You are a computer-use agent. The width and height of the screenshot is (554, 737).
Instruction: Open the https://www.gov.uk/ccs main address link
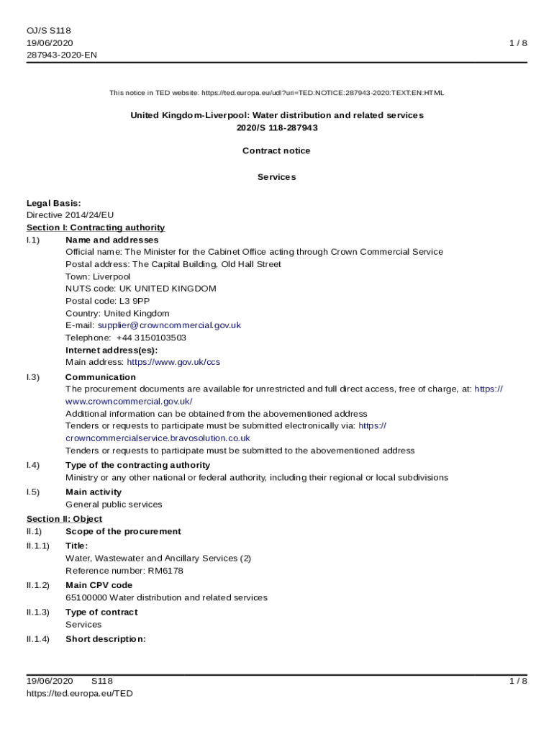[x=173, y=362]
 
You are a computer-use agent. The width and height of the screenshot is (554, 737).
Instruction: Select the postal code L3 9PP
[x=135, y=301]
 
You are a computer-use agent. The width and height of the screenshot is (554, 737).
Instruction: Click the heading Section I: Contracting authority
[x=96, y=227]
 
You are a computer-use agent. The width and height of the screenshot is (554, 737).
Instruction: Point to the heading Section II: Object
[x=65, y=519]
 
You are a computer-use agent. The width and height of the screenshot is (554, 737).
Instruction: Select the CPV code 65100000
[x=86, y=597]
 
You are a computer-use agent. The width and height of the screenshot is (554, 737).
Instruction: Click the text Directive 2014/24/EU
[x=71, y=215]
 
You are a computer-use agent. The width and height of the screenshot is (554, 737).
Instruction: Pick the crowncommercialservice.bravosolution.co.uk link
[x=158, y=438]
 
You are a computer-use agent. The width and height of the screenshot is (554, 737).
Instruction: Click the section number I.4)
[x=33, y=465]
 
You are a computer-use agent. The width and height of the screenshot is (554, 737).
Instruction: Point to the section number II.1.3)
[x=38, y=612]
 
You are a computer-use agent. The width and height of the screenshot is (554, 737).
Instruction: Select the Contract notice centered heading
[x=276, y=151]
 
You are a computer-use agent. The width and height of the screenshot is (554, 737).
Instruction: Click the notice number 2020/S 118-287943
[x=276, y=127]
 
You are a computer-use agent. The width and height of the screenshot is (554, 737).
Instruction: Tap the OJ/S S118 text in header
[x=49, y=31]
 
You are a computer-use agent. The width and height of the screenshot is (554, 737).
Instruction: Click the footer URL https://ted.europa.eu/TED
[x=80, y=694]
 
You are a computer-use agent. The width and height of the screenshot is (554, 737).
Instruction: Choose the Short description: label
[x=106, y=639]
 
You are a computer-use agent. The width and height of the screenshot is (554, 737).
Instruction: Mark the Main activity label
[x=94, y=492]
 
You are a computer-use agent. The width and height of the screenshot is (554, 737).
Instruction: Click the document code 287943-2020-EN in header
[x=62, y=55]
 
